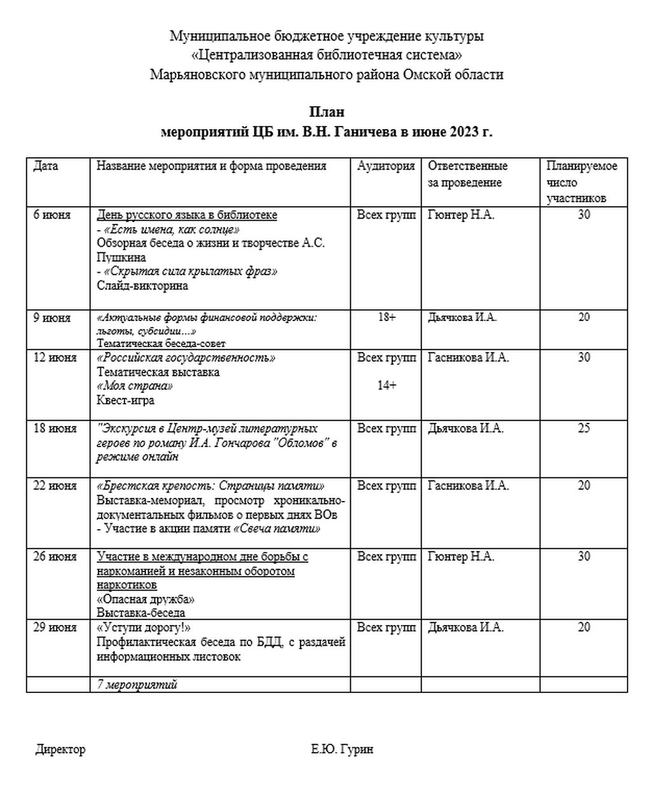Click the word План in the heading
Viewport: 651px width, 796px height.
pos(327,113)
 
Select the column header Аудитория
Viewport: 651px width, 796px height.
pos(386,166)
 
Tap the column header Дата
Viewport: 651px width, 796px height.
pos(46,166)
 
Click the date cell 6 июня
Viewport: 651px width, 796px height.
pos(52,215)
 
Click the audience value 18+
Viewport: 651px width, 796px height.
pos(387,317)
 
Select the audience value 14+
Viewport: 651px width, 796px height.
pos(387,385)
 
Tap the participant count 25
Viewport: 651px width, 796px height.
pos(584,429)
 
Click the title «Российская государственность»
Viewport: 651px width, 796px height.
pos(186,357)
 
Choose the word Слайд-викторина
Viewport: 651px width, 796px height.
pos(142,285)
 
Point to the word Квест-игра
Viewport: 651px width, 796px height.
pos(125,401)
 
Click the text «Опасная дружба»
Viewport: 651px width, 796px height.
pos(146,600)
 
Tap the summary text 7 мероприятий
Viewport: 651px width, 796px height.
pos(137,685)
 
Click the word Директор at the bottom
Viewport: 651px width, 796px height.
pos(60,750)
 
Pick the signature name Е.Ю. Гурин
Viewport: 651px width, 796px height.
pos(342,750)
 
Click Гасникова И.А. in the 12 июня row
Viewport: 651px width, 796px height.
pos(469,357)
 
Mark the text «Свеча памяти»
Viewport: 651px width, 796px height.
pos(277,528)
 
